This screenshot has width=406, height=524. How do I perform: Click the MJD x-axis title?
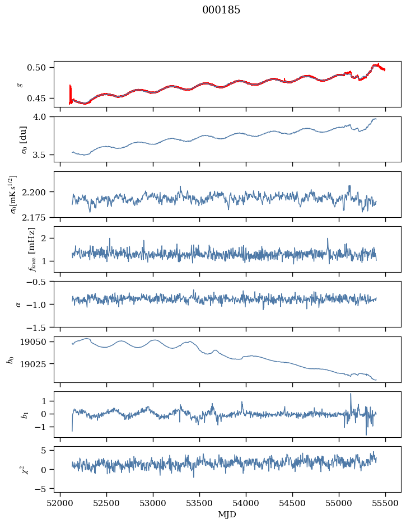click(227, 514)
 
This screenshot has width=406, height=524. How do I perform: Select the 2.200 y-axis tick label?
click(38, 192)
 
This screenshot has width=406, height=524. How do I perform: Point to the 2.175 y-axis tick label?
click(38, 217)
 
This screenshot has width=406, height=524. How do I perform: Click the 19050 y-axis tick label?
click(38, 342)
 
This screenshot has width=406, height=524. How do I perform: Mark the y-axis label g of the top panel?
click(20, 84)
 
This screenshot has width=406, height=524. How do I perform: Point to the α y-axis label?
click(19, 304)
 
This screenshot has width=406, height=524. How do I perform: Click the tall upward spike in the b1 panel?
click(351, 394)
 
